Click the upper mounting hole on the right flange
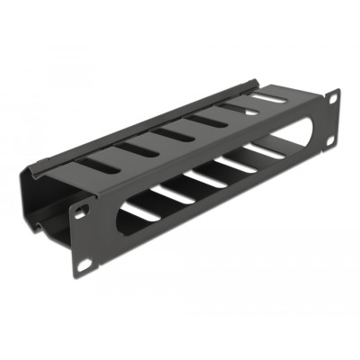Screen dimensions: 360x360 point(334,96)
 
